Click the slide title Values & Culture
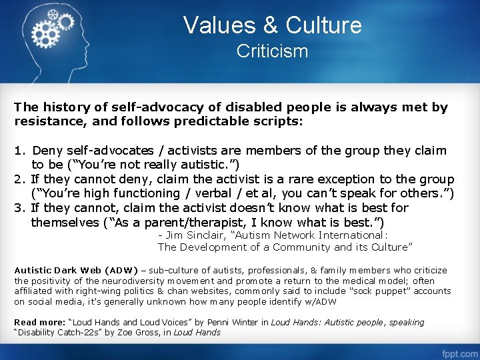tap(272, 25)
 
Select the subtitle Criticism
tap(272, 51)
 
